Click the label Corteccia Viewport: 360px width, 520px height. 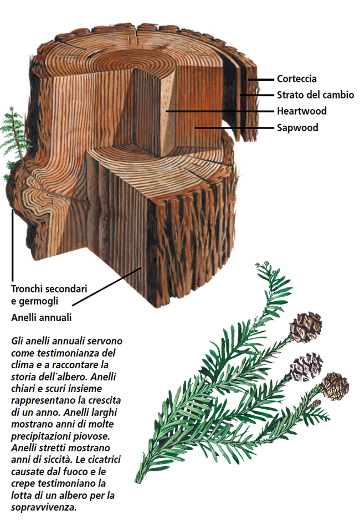pyautogui.click(x=296, y=79)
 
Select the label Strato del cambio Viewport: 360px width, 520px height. pyautogui.click(x=315, y=95)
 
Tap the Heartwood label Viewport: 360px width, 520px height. pyautogui.click(x=301, y=111)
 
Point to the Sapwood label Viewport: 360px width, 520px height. pyautogui.click(x=297, y=127)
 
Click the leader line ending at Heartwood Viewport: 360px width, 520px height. pyautogui.click(x=222, y=111)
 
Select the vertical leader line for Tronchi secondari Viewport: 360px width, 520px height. pyautogui.click(x=12, y=244)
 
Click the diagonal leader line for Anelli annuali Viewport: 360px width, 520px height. pyautogui.click(x=105, y=286)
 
